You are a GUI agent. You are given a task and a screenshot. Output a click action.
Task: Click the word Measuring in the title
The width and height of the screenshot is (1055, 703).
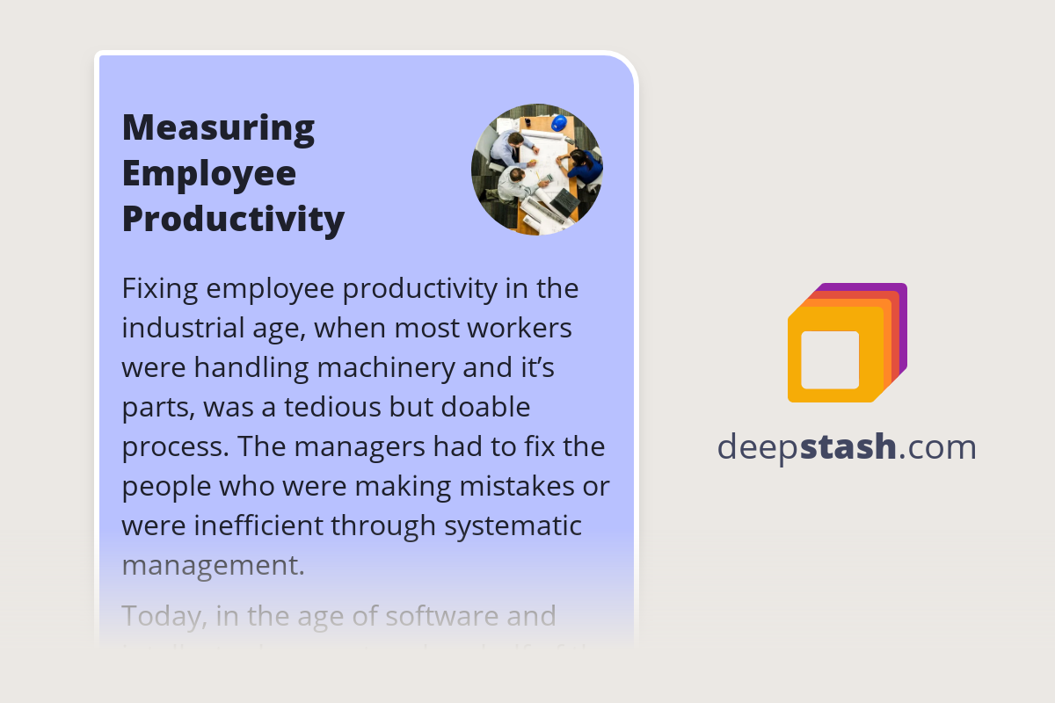click(218, 127)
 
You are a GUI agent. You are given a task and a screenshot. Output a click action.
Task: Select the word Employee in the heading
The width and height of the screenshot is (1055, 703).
click(208, 172)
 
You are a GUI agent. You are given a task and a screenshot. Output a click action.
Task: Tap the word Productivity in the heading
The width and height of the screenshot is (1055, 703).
click(233, 218)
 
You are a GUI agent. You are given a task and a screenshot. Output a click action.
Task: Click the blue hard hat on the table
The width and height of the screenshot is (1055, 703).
click(559, 122)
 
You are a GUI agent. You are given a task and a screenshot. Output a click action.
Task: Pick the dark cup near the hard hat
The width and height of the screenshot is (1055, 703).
click(540, 124)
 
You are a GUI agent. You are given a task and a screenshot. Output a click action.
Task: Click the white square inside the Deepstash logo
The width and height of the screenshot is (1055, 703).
click(830, 360)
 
